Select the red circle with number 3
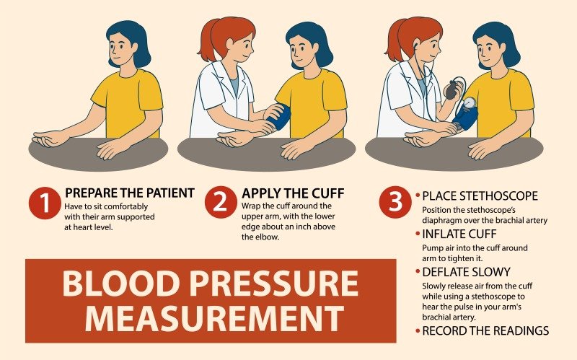click(395, 203)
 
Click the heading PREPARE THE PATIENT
click(130, 193)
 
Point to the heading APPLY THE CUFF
click(293, 193)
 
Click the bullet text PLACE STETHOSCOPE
click(480, 196)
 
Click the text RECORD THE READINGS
click(485, 331)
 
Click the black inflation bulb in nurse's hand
click(451, 91)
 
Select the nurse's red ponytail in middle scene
click(207, 43)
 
